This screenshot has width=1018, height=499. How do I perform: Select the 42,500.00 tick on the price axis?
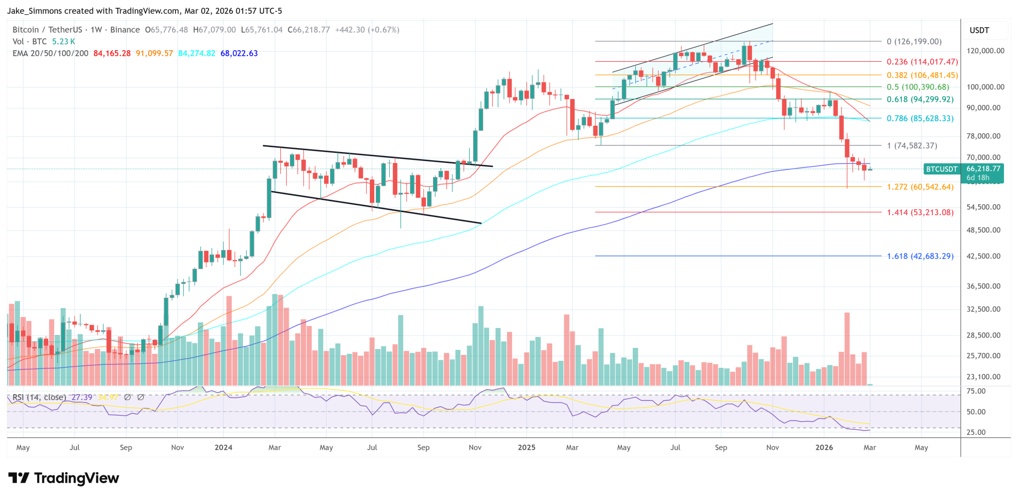983,256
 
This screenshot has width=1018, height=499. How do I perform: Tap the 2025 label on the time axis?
526,447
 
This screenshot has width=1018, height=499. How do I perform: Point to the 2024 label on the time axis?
223,447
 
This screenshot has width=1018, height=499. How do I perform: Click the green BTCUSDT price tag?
941,169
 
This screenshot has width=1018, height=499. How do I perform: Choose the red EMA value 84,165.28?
112,53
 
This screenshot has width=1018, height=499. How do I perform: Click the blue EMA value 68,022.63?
239,53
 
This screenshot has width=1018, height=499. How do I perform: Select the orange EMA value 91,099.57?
154,53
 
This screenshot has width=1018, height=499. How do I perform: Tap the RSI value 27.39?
82,397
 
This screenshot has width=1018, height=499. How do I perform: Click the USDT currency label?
979,30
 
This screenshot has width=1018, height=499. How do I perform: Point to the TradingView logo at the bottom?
64,478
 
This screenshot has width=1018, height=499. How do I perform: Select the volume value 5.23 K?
64,42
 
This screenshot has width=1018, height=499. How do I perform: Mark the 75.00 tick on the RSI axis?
976,391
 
